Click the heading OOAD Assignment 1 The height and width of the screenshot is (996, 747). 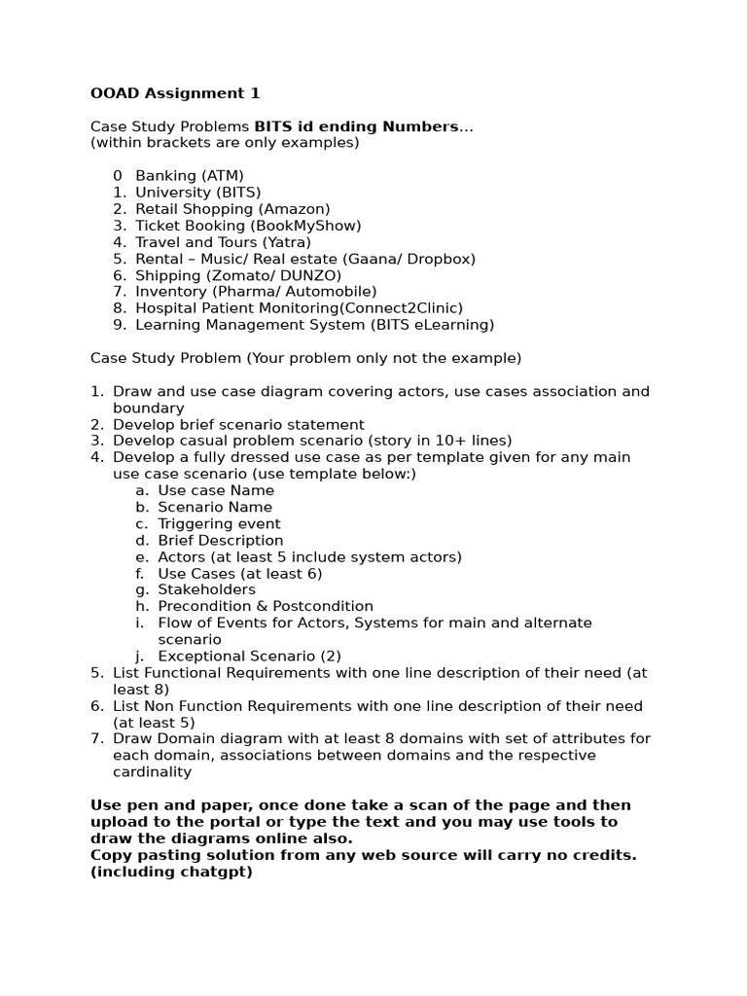pyautogui.click(x=175, y=93)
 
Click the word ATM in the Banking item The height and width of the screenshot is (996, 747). pyautogui.click(x=225, y=176)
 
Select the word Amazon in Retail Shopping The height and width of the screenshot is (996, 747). pyautogui.click(x=295, y=209)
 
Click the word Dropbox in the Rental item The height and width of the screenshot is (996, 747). pyautogui.click(x=439, y=259)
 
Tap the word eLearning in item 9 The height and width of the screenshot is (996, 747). pyautogui.click(x=451, y=325)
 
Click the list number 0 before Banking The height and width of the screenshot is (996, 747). pyautogui.click(x=118, y=176)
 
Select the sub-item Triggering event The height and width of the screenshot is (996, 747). pyautogui.click(x=219, y=523)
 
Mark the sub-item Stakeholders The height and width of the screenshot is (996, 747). pyautogui.click(x=206, y=589)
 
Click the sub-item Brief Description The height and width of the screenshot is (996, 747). pyautogui.click(x=220, y=540)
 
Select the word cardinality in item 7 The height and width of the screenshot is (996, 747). pyautogui.click(x=152, y=772)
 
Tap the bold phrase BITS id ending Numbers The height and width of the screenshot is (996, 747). pyautogui.click(x=356, y=126)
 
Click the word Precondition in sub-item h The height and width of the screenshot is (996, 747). pyautogui.click(x=202, y=606)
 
